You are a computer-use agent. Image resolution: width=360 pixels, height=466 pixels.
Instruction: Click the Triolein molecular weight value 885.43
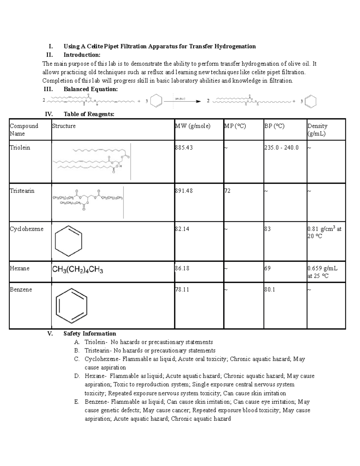pyautogui.click(x=184, y=148)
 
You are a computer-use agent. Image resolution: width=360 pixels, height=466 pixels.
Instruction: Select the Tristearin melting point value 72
pyautogui.click(x=227, y=191)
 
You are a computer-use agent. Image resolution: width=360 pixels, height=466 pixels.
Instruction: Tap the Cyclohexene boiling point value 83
pyautogui.click(x=267, y=229)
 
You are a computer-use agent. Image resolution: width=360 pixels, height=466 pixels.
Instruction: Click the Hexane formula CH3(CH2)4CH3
pyautogui.click(x=78, y=270)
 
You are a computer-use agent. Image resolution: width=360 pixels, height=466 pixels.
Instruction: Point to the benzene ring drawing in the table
pyautogui.click(x=72, y=305)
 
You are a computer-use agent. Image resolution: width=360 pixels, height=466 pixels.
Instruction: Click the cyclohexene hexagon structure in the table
pyautogui.click(x=69, y=241)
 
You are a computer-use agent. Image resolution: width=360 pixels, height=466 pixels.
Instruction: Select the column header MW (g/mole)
pyautogui.click(x=193, y=126)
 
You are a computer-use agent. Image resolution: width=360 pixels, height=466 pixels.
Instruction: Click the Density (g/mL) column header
pyautogui.click(x=317, y=130)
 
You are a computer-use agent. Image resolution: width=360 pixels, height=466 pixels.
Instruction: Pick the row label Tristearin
pyautogui.click(x=22, y=191)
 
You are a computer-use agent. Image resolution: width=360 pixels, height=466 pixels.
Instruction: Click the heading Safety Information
pyautogui.click(x=90, y=333)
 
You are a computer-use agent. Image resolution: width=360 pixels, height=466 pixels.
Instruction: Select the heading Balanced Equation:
pyautogui.click(x=91, y=89)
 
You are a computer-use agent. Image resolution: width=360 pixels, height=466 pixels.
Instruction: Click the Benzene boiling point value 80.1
pyautogui.click(x=270, y=290)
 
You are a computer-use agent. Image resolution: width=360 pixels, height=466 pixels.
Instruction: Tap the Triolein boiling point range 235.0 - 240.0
pyautogui.click(x=281, y=148)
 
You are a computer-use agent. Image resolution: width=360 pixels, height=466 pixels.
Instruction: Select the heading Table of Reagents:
pyautogui.click(x=89, y=114)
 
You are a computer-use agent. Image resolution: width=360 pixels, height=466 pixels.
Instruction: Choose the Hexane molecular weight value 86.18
pyautogui.click(x=182, y=268)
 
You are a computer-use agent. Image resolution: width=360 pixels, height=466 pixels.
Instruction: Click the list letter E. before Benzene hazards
pyautogui.click(x=77, y=402)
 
